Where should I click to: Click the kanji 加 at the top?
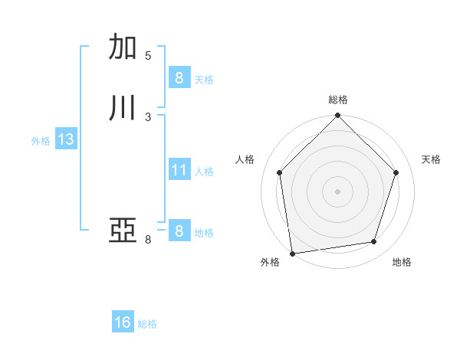tap(123, 47)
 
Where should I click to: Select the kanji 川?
tap(123, 108)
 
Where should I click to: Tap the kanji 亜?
tap(123, 231)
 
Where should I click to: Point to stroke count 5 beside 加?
tap(148, 56)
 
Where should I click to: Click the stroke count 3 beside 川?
tap(148, 117)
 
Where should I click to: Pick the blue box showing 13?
tap(65, 139)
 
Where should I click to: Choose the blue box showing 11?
tap(179, 170)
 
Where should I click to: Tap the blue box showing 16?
tap(123, 322)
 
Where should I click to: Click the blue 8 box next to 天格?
tap(179, 77)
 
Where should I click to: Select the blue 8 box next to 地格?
tap(179, 231)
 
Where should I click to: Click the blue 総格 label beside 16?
tap(147, 324)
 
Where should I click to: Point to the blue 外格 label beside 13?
tap(41, 141)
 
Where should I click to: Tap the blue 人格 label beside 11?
tap(205, 172)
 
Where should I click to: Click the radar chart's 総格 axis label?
tap(338, 100)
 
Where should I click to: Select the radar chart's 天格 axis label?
tap(432, 159)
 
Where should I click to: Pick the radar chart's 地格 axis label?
tap(402, 263)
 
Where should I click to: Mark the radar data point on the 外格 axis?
tap(292, 253)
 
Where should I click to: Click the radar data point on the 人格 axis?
tap(279, 172)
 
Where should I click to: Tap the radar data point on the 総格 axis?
tap(337, 116)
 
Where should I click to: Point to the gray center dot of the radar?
tap(337, 191)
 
